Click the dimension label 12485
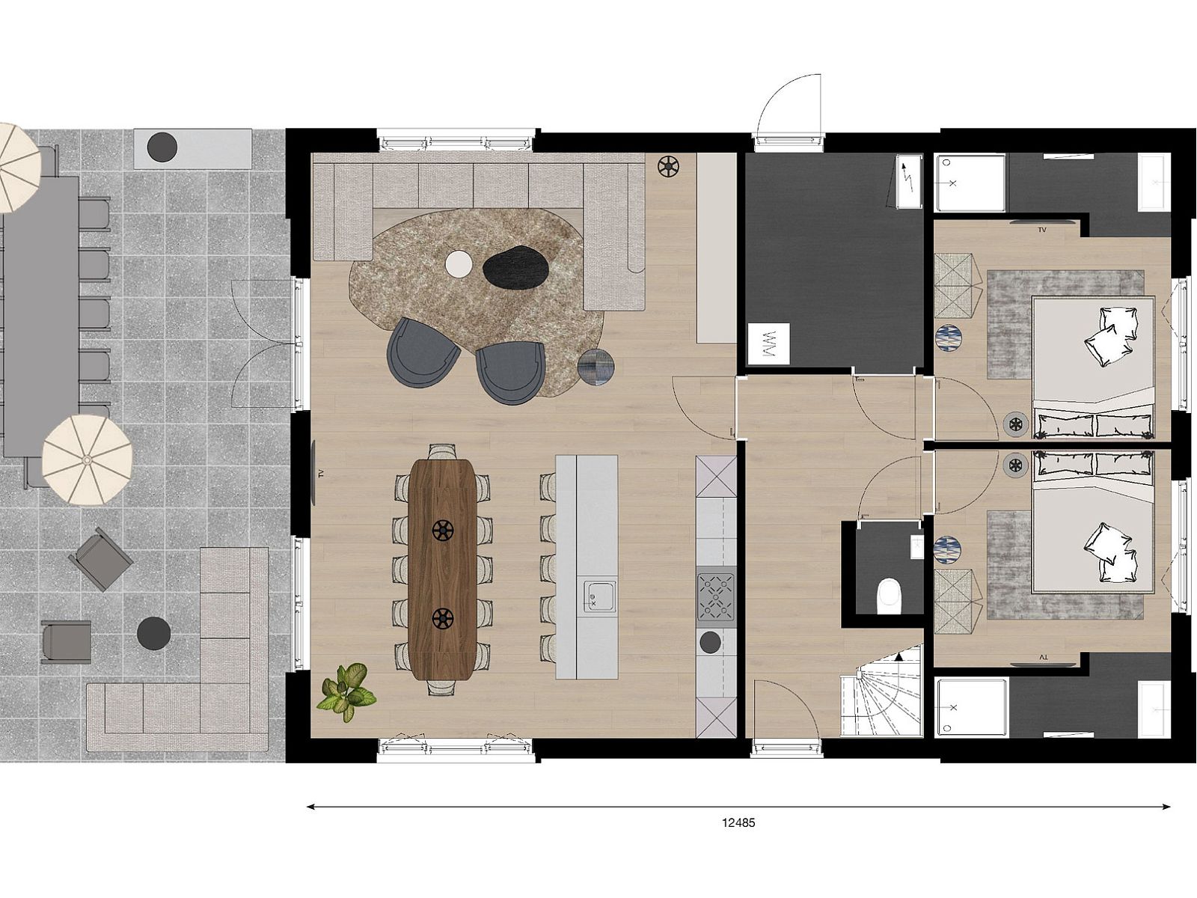click(738, 822)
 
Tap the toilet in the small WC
click(889, 596)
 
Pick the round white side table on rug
click(459, 264)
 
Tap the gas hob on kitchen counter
click(716, 597)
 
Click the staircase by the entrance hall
click(880, 691)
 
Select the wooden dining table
click(442, 569)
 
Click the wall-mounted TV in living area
click(315, 473)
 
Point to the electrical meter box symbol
click(909, 182)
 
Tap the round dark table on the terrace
click(154, 633)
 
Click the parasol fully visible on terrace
click(88, 459)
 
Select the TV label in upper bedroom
click(1042, 230)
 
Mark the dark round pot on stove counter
click(710, 642)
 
